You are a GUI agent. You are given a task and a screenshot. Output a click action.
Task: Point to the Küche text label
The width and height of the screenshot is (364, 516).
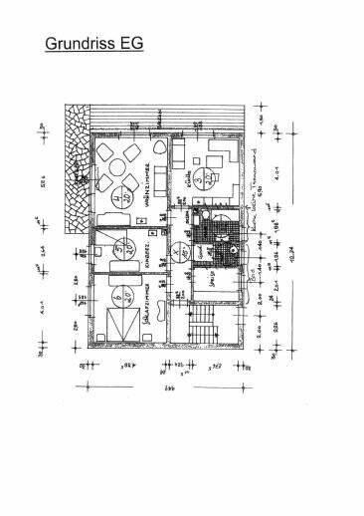185,185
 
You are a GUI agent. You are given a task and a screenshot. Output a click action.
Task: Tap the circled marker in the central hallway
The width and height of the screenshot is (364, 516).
177,254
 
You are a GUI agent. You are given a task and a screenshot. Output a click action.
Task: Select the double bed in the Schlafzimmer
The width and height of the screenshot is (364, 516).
120,324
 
